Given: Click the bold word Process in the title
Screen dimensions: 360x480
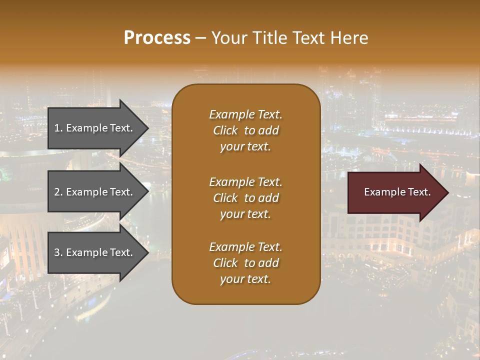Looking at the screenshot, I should coord(157,38).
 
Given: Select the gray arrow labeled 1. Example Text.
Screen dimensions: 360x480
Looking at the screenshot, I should coord(95,128).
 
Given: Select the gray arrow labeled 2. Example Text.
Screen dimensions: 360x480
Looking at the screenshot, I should coord(95,192).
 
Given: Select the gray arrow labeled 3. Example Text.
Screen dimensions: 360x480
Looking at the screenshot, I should coord(95,252).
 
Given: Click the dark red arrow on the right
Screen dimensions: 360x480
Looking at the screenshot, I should coord(395,192).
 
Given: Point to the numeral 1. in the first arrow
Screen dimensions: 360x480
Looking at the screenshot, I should coord(58,128).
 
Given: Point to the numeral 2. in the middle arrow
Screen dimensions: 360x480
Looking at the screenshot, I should coord(58,192).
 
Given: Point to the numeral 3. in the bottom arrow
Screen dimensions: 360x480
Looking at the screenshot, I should coord(58,252).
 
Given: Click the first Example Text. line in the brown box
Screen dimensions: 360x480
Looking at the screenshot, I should coord(245,114).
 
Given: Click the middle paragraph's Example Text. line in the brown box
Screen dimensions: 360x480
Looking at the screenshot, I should coord(245,182).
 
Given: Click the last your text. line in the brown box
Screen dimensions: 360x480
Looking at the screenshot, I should coord(245,279).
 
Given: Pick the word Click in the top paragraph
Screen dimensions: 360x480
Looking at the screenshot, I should coord(225,130).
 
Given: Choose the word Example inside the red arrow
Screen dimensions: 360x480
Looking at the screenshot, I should coord(381,192).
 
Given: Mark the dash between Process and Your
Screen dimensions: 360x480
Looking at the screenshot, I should coord(200,38).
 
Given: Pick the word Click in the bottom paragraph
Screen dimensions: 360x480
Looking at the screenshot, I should coord(225,263).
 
